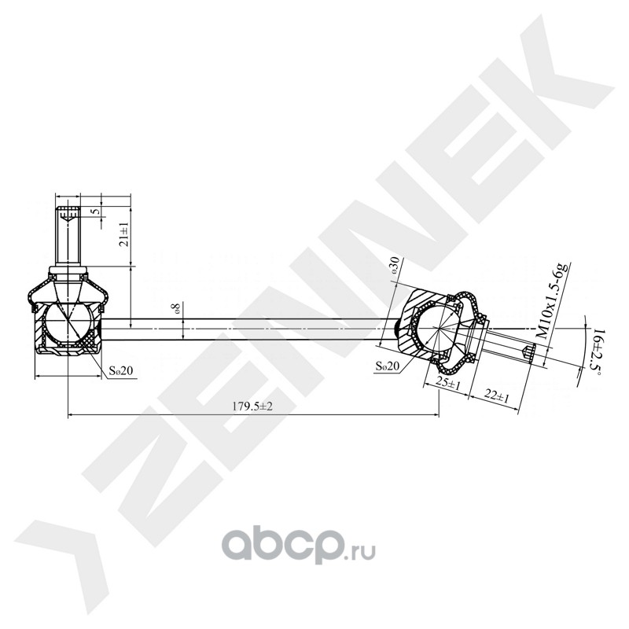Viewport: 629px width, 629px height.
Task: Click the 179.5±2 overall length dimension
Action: (x=252, y=406)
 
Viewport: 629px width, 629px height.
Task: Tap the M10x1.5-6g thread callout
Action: (x=554, y=301)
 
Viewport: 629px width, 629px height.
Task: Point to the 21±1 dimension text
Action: (x=125, y=234)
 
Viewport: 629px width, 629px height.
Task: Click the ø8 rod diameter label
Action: (x=175, y=309)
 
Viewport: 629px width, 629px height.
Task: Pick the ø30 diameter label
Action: (x=395, y=265)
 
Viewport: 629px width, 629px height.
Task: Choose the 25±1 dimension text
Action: (x=448, y=384)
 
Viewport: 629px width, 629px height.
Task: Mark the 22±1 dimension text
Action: (x=496, y=396)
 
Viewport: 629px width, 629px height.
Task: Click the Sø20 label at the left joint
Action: (x=120, y=370)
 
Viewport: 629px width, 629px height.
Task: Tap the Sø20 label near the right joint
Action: (x=388, y=366)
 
